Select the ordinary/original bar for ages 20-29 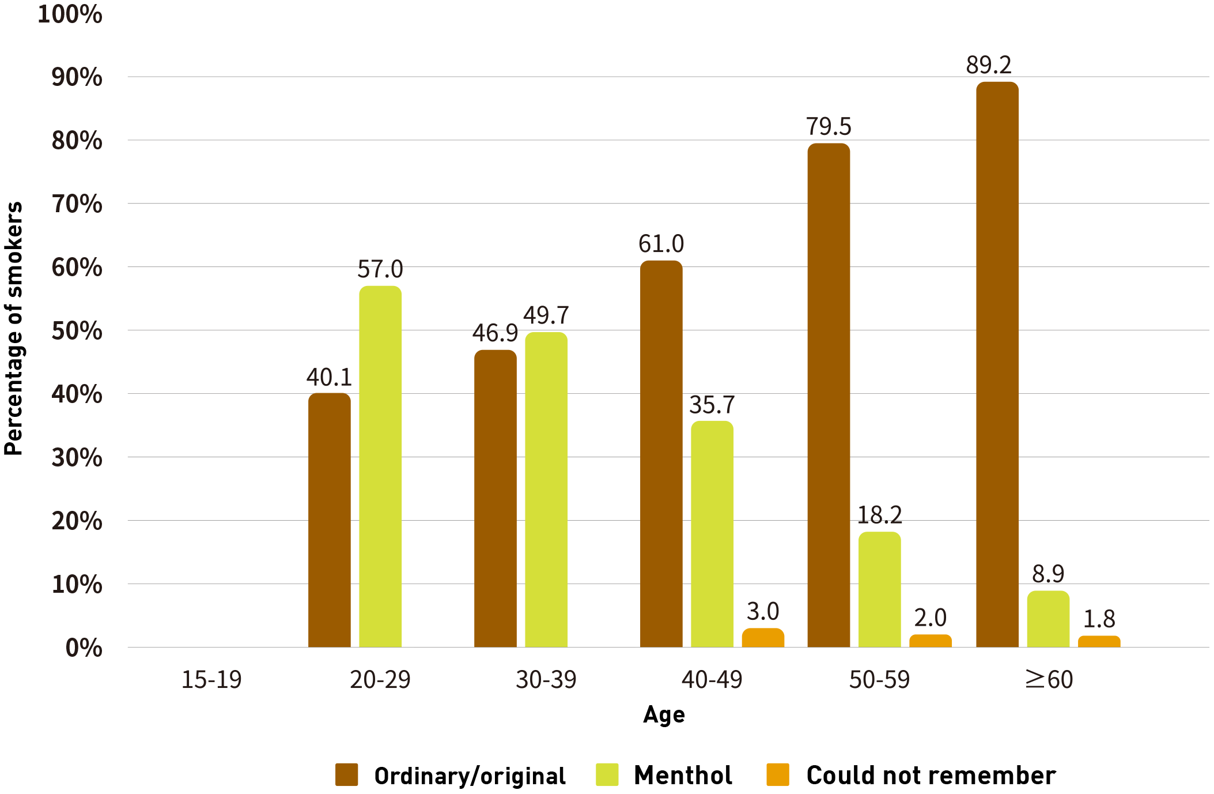pos(329,520)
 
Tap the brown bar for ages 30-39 pos(495,498)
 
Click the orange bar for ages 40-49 pos(763,638)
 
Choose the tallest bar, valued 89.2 pos(997,364)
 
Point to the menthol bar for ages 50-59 pos(879,589)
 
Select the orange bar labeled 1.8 pos(1099,641)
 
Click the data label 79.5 pos(828,127)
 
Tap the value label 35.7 pos(712,405)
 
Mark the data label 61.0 pos(661,244)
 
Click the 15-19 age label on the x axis pos(211,680)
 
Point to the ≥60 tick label pos(1049,680)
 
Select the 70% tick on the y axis pos(77,204)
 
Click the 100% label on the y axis pos(70,14)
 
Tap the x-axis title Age pos(664,715)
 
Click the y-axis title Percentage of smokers pos(14,329)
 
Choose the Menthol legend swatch pos(607,774)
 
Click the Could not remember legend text pos(931,776)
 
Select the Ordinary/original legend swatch pos(346,774)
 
